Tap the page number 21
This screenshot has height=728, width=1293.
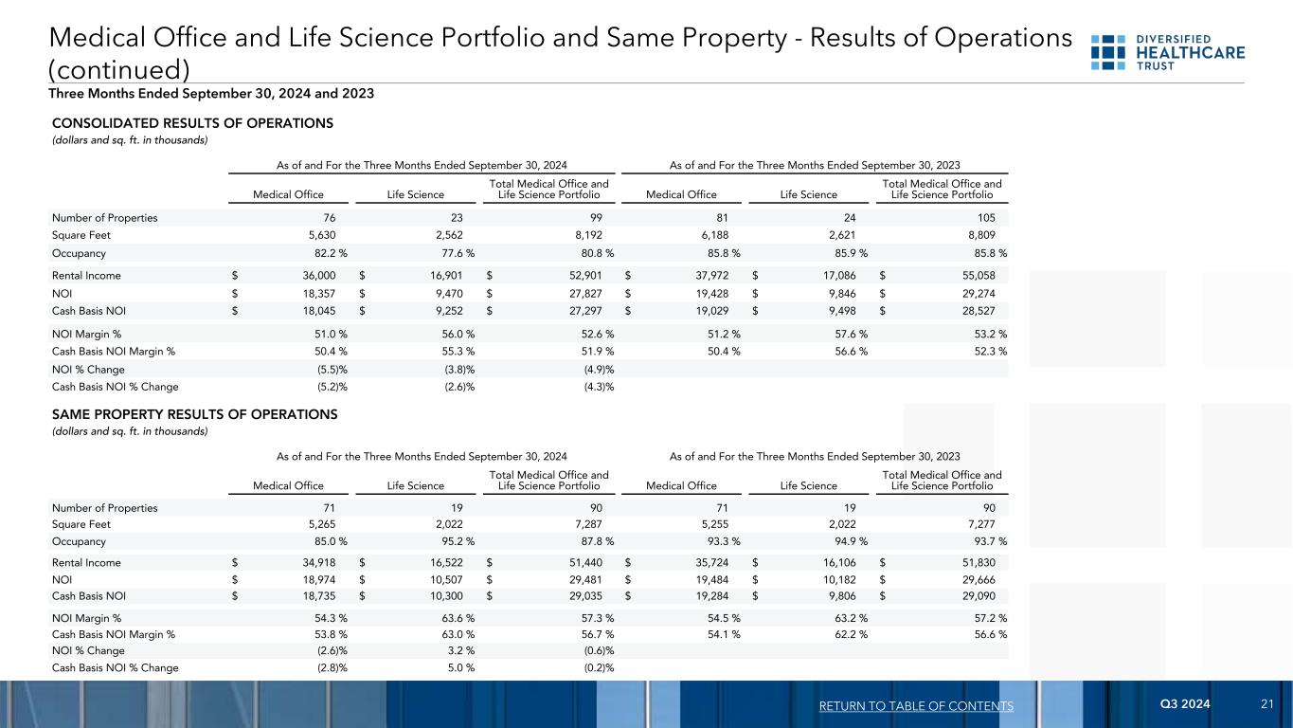point(1266,705)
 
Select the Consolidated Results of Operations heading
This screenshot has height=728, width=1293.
point(192,123)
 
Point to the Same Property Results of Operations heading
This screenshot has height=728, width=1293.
point(194,414)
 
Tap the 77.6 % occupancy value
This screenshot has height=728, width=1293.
point(454,254)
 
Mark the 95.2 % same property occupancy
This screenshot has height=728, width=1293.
point(454,541)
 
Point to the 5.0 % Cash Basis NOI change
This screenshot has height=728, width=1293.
point(457,667)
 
